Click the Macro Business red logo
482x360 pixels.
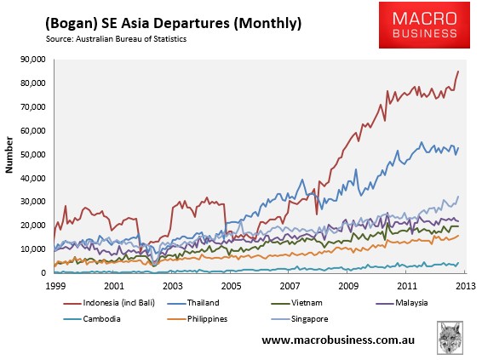pos(424,25)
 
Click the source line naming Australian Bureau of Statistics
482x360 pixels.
pos(116,39)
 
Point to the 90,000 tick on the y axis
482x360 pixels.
pos(33,60)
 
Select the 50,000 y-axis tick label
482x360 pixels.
pos(33,154)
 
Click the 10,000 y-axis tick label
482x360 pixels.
pos(33,249)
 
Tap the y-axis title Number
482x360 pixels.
pos(9,155)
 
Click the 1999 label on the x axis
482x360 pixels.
pos(55,286)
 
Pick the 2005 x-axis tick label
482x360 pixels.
pos(231,286)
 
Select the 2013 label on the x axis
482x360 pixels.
pos(466,286)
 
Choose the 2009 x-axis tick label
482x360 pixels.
pos(348,286)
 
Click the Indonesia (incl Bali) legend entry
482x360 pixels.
pos(109,303)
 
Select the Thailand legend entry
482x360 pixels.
pos(193,303)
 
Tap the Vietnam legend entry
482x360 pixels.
pos(297,303)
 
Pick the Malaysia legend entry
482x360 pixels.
pos(402,303)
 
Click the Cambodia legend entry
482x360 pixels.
pos(92,319)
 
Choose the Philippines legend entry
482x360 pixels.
pos(198,319)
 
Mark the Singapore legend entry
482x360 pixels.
pos(300,319)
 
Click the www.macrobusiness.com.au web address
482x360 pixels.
pos(338,340)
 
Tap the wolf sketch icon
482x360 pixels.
pos(450,338)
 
